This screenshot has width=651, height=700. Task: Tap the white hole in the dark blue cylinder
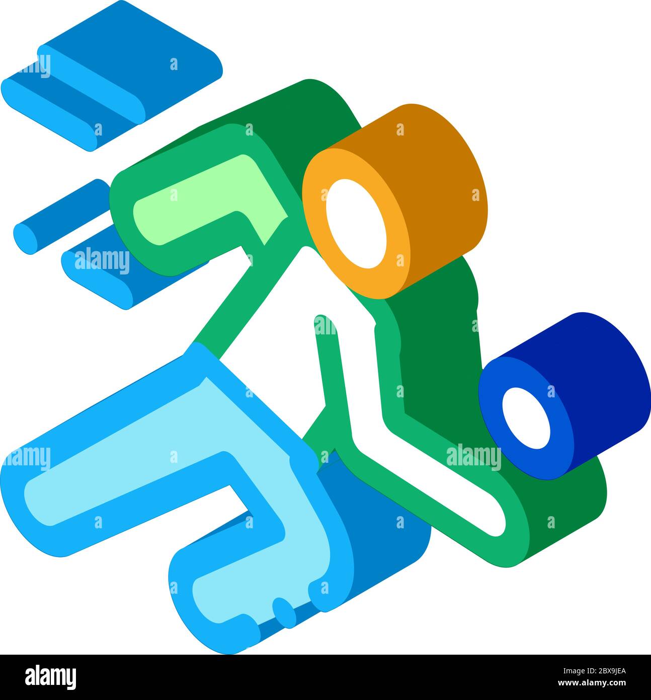tap(527, 418)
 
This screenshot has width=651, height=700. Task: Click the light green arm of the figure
tap(211, 201)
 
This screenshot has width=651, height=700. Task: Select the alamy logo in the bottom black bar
tap(50, 677)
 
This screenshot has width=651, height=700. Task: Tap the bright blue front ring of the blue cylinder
tap(496, 433)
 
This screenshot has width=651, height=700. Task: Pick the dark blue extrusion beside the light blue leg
tap(382, 534)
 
